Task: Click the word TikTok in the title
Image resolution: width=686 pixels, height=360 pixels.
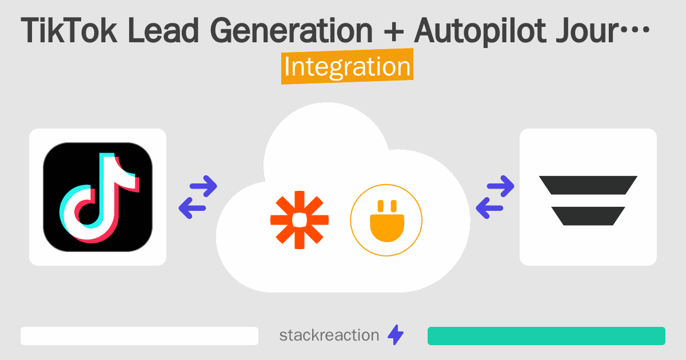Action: pos(70,33)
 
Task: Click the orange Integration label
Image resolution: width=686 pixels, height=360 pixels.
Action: pos(347,67)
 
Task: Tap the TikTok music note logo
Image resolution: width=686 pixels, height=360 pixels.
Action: pos(98,197)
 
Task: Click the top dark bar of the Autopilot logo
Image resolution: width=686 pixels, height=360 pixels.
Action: pos(588,185)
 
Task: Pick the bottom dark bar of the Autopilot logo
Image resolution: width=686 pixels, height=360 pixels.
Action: pos(588,215)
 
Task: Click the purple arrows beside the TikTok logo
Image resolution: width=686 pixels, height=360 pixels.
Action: pos(198,197)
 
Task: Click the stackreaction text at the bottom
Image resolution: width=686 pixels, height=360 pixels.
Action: pos(329,335)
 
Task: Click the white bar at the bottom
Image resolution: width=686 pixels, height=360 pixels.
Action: pos(139,336)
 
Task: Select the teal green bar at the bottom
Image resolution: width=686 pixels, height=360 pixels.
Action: pos(546,336)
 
